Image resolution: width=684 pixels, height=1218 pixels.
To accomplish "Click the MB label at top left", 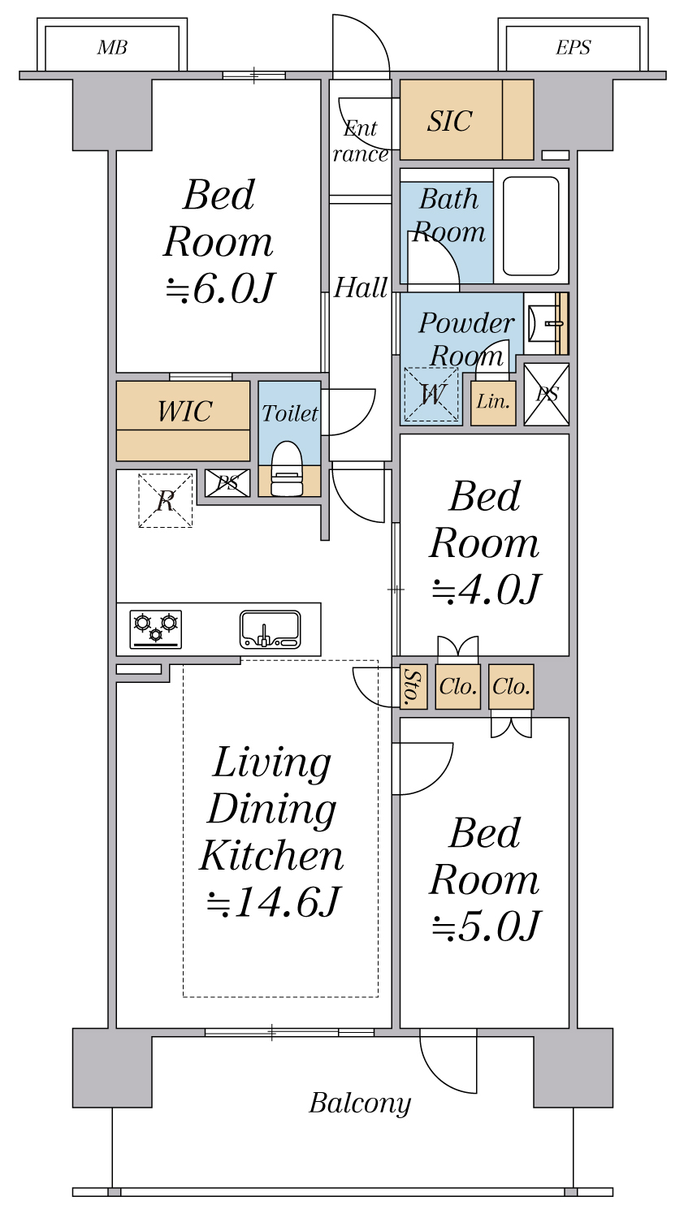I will [x=112, y=48].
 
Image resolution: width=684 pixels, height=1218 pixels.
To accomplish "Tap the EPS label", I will [x=573, y=48].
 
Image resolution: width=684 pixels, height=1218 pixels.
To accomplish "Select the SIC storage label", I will [x=449, y=122].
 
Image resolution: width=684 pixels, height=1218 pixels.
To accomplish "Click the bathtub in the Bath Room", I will [x=531, y=226].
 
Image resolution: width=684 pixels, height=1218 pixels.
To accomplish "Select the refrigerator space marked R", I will [x=166, y=501].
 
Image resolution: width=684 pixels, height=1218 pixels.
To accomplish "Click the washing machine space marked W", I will [x=431, y=395].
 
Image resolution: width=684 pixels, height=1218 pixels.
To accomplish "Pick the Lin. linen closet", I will [x=493, y=402].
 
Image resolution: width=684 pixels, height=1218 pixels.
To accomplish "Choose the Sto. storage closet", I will [x=413, y=687].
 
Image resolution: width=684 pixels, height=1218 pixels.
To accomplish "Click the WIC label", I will [x=184, y=412].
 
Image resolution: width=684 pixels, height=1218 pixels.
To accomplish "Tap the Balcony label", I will [x=360, y=1104].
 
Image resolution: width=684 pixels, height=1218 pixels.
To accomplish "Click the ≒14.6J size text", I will [x=273, y=902].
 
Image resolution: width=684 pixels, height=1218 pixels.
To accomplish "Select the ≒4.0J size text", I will [x=486, y=590].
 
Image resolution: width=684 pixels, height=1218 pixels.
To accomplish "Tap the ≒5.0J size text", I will [x=486, y=926].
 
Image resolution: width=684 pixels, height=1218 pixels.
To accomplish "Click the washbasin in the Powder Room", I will [x=544, y=323].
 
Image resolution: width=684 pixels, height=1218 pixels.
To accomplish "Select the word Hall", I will [x=361, y=287].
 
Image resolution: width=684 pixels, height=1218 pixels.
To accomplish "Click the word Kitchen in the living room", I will [x=273, y=856].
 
